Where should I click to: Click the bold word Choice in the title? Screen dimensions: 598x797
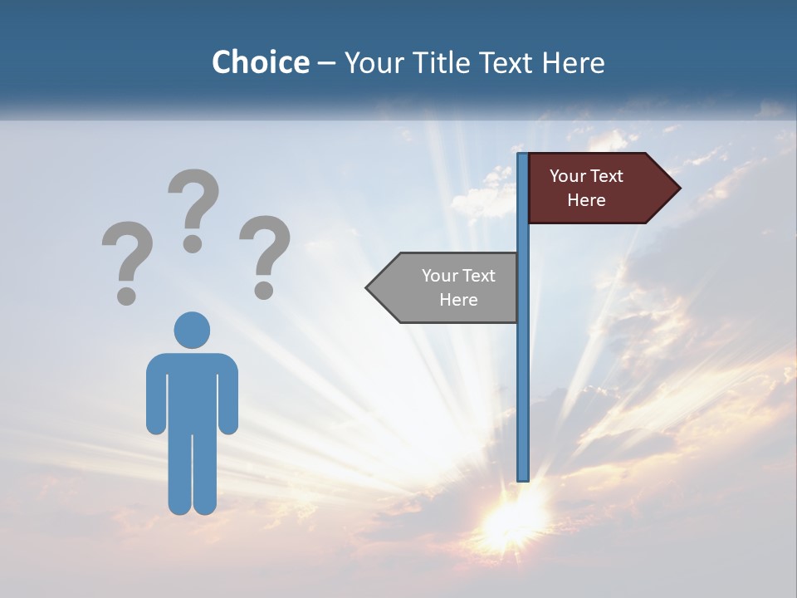(x=260, y=62)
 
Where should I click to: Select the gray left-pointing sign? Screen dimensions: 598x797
(x=448, y=287)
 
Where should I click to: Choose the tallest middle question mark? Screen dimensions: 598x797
(x=193, y=208)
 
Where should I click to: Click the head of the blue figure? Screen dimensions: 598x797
(x=192, y=330)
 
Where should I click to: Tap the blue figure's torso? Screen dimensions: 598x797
(x=192, y=390)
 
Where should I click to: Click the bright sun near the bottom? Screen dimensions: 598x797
(x=508, y=519)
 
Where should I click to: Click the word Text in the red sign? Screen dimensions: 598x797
(x=606, y=176)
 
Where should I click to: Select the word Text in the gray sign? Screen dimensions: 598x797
(x=478, y=276)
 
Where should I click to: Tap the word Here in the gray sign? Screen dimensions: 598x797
(x=458, y=300)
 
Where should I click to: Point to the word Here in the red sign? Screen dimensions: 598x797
(x=586, y=200)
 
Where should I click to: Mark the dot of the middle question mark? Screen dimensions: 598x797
(x=193, y=243)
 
